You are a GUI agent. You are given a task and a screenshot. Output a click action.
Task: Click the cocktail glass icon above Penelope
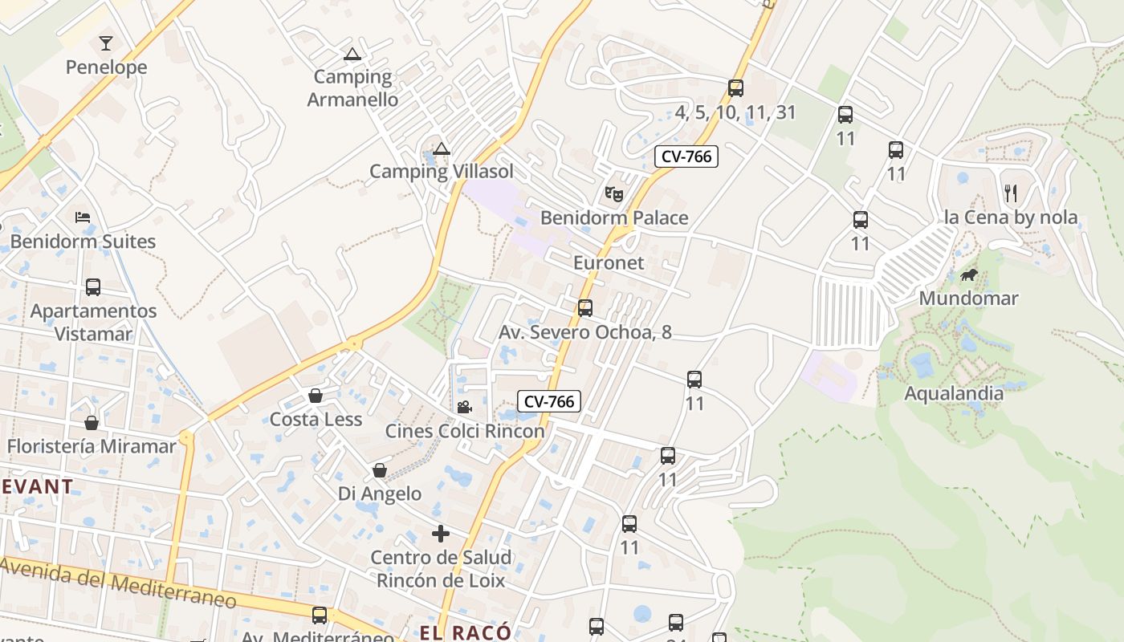click(106, 43)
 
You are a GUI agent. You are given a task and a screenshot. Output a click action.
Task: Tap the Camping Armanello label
click(352, 88)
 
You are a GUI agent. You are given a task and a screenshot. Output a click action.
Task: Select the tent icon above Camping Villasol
click(441, 148)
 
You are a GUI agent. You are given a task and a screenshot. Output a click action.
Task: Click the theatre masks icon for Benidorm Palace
click(614, 193)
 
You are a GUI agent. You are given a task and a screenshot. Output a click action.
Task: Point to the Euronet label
click(609, 262)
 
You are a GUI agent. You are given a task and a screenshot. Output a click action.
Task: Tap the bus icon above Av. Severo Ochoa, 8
click(585, 308)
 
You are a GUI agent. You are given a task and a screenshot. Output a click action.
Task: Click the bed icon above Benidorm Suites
click(83, 217)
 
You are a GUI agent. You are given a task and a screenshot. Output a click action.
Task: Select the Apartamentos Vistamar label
click(93, 322)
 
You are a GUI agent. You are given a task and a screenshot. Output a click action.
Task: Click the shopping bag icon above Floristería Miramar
click(92, 422)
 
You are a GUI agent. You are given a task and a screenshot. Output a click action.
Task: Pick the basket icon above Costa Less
click(316, 396)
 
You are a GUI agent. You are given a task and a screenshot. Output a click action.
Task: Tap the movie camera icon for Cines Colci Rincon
click(464, 407)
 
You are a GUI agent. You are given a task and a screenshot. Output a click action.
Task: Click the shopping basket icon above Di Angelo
click(380, 470)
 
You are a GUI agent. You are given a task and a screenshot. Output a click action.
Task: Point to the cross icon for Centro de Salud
click(440, 533)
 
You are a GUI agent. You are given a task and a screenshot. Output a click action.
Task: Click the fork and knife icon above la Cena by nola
click(1010, 193)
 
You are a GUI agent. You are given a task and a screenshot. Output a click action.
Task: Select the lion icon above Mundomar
click(968, 275)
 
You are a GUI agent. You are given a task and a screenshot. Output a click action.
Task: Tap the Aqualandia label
click(954, 393)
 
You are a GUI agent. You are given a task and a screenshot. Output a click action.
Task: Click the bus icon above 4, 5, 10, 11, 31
click(735, 88)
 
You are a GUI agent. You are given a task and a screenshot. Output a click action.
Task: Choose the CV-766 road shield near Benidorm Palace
click(686, 156)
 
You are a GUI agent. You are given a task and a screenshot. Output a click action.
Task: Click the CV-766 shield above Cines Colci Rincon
click(549, 401)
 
